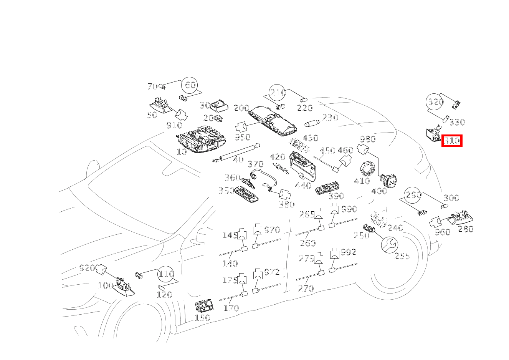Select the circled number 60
point(190,85)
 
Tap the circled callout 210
point(278,93)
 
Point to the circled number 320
point(435,102)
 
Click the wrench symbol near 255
point(389,244)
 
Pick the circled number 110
point(166,274)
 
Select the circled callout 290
point(413,195)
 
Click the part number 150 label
point(202,318)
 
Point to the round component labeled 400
point(388,181)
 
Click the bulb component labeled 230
point(311,124)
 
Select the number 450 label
point(327,151)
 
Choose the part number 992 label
point(349,252)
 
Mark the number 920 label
point(87,268)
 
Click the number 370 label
point(255,164)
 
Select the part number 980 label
point(367,139)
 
